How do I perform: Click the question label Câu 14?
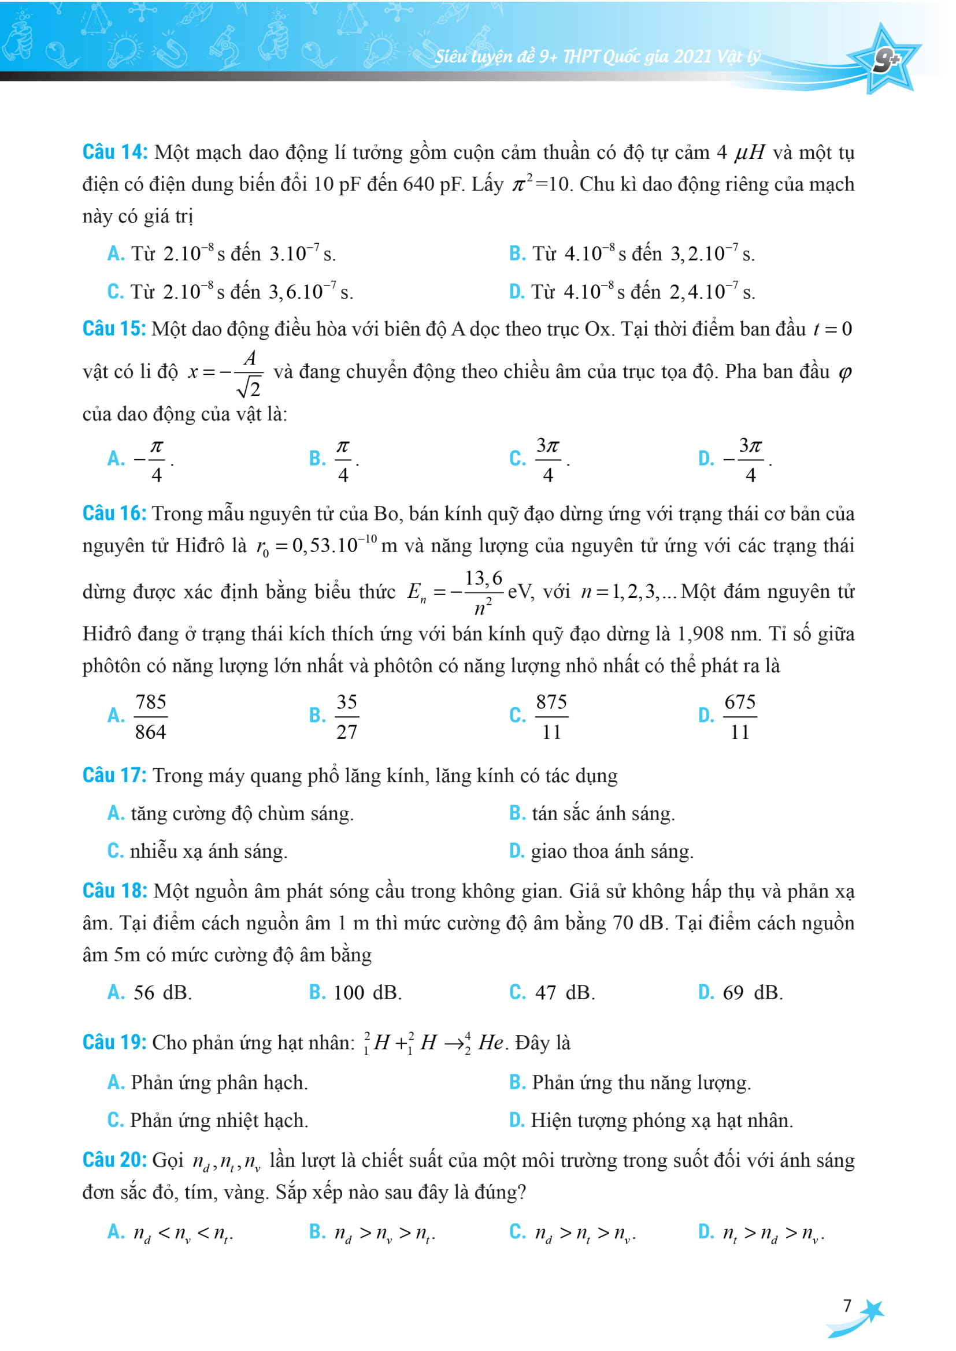point(115,152)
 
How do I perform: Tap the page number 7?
point(847,1306)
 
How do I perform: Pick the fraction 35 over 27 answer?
point(347,716)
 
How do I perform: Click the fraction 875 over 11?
point(551,716)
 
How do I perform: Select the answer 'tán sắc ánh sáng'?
point(603,813)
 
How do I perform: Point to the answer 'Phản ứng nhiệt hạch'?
point(218,1120)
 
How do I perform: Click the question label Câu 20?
point(115,1160)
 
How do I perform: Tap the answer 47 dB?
point(564,993)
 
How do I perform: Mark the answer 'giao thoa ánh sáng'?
point(612,851)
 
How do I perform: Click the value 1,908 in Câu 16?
point(700,634)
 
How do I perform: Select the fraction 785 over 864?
point(151,716)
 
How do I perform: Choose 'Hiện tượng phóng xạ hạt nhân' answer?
point(661,1120)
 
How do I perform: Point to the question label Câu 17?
point(115,775)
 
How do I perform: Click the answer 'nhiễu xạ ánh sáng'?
point(209,851)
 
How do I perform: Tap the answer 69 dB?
point(752,993)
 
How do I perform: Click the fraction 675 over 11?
point(739,716)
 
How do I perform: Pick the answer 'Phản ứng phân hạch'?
point(219,1082)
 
